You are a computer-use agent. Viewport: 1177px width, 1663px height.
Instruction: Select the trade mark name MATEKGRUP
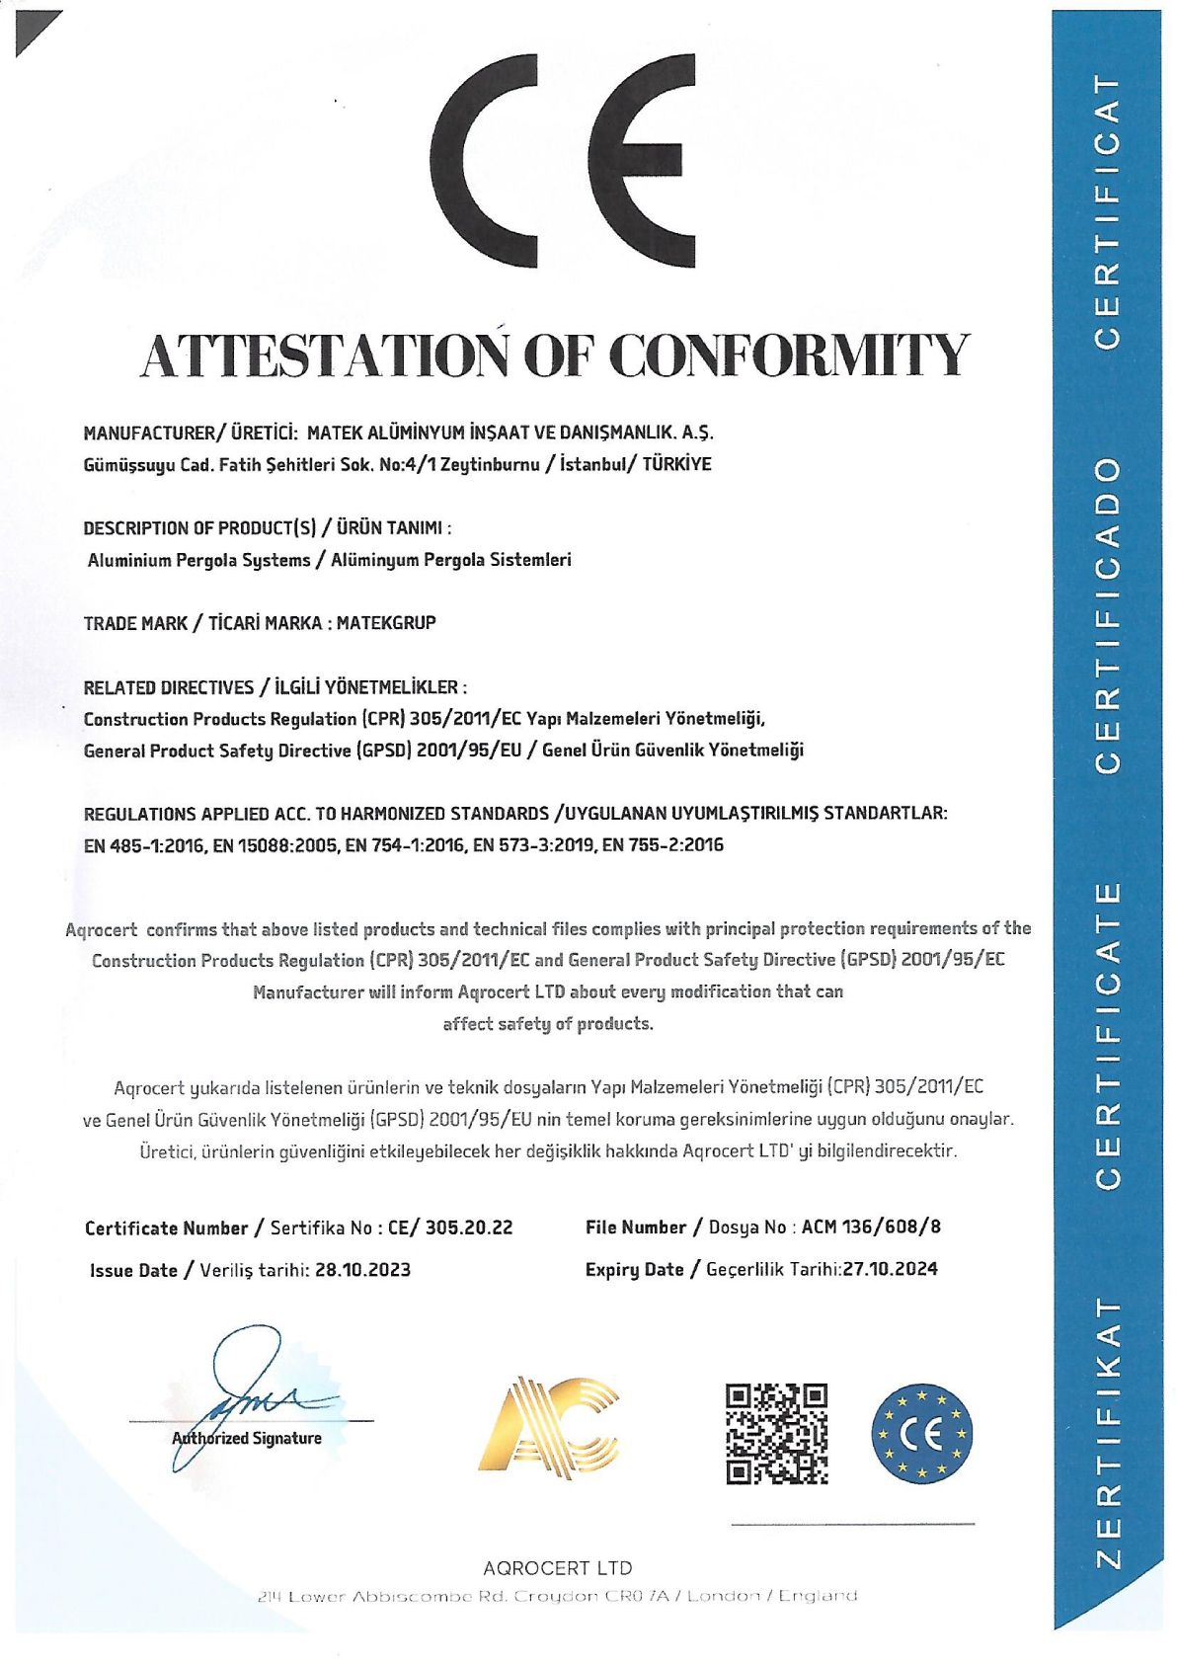click(x=386, y=623)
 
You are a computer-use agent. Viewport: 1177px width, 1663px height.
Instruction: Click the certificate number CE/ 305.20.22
click(x=450, y=1227)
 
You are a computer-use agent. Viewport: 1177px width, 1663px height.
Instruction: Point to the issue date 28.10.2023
click(x=362, y=1270)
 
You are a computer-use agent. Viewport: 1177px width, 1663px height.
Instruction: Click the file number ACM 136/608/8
click(x=871, y=1227)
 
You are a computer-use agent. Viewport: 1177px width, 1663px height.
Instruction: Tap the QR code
click(x=776, y=1434)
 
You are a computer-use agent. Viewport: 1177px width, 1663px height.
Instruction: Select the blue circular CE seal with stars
click(x=922, y=1432)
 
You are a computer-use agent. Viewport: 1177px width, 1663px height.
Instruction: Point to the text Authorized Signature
click(x=247, y=1439)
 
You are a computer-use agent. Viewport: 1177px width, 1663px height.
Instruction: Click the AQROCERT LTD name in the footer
click(x=557, y=1567)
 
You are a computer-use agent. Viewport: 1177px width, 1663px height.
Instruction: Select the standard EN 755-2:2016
click(x=663, y=845)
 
